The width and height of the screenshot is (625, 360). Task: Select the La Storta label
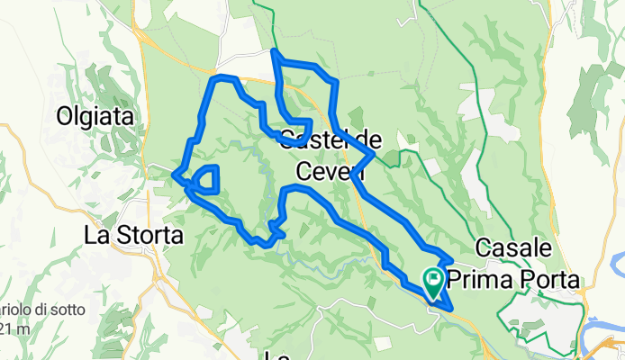pyautogui.click(x=132, y=236)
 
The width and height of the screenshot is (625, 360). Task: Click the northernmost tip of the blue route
pyautogui.click(x=273, y=52)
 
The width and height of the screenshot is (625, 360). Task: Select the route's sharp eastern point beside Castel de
pyautogui.click(x=372, y=154)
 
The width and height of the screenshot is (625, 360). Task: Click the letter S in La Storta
pyautogui.click(x=117, y=236)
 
